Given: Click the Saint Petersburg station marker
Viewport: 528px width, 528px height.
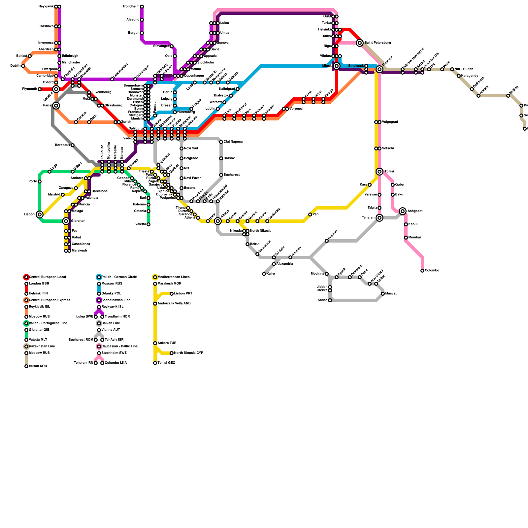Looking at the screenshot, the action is [x=360, y=43].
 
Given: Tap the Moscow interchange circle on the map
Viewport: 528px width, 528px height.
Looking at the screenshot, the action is [x=379, y=69].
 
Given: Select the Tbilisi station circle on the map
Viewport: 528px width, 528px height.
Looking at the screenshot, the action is [x=379, y=172].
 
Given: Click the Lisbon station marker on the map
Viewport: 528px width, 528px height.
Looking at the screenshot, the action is [x=40, y=214].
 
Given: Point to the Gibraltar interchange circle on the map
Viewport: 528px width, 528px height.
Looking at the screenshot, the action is [x=66, y=221].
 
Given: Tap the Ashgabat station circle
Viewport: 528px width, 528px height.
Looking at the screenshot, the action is [x=403, y=211].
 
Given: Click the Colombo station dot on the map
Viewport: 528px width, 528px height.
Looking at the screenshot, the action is [x=422, y=271].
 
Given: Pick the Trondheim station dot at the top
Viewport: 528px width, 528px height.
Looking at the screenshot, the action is [x=142, y=7].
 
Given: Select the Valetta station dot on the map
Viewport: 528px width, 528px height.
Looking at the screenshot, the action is [x=148, y=224].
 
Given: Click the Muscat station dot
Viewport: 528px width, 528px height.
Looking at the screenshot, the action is [x=383, y=294].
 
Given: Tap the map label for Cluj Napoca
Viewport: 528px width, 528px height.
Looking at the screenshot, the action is [x=233, y=142].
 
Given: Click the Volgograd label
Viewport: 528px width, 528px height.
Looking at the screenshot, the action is [x=390, y=122].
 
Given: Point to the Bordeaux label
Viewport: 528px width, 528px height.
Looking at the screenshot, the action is [x=63, y=145].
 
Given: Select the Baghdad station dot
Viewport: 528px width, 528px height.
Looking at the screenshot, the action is [x=327, y=241].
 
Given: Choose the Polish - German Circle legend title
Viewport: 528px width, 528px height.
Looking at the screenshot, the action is [x=119, y=277].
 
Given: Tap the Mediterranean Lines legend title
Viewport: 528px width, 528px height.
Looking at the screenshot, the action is [x=174, y=277].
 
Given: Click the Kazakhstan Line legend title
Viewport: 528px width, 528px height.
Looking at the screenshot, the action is [x=42, y=346].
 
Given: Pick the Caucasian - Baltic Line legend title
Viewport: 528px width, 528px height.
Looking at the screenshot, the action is [x=119, y=346].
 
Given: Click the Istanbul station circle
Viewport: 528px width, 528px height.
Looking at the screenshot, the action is [x=218, y=201].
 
